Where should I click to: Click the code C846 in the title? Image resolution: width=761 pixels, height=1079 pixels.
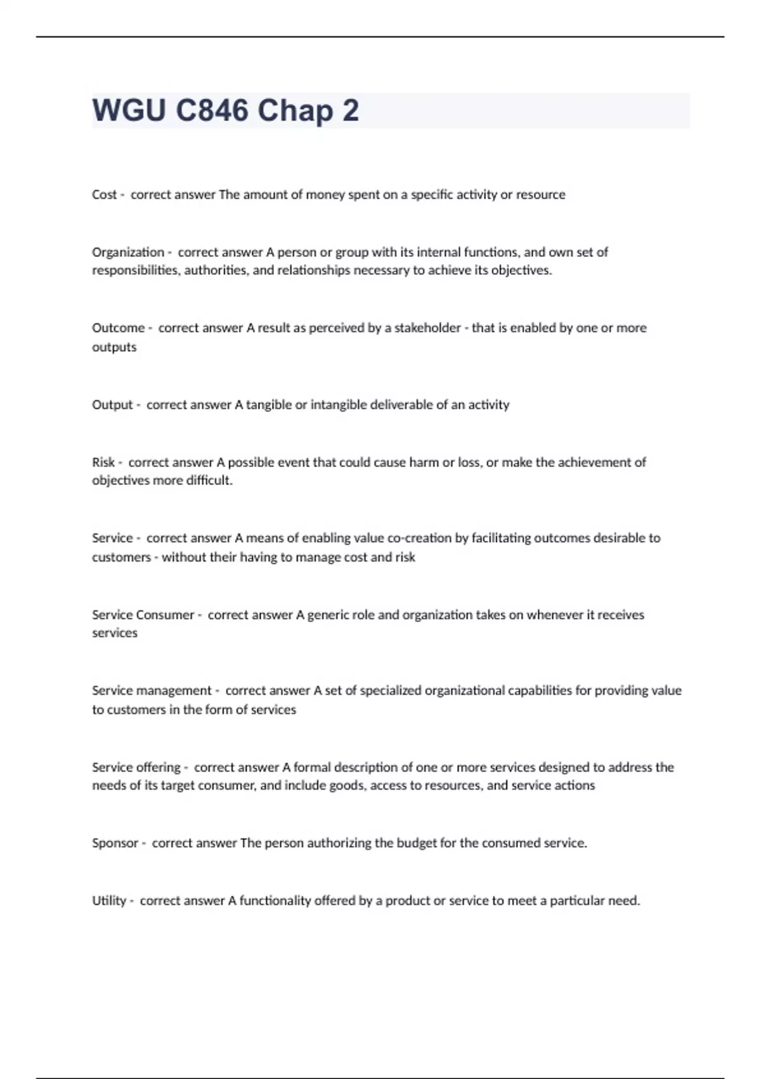(x=212, y=110)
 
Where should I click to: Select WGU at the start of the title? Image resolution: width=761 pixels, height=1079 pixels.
(x=129, y=110)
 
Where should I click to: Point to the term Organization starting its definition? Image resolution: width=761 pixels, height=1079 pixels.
(x=128, y=252)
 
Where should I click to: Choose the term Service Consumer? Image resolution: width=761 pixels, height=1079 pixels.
(x=143, y=614)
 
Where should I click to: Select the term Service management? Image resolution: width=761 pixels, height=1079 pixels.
(x=152, y=691)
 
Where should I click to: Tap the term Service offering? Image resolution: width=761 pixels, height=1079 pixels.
(x=136, y=767)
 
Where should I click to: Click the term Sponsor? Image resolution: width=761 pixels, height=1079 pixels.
(x=115, y=844)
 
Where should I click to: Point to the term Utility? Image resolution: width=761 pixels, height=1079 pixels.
(x=109, y=901)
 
